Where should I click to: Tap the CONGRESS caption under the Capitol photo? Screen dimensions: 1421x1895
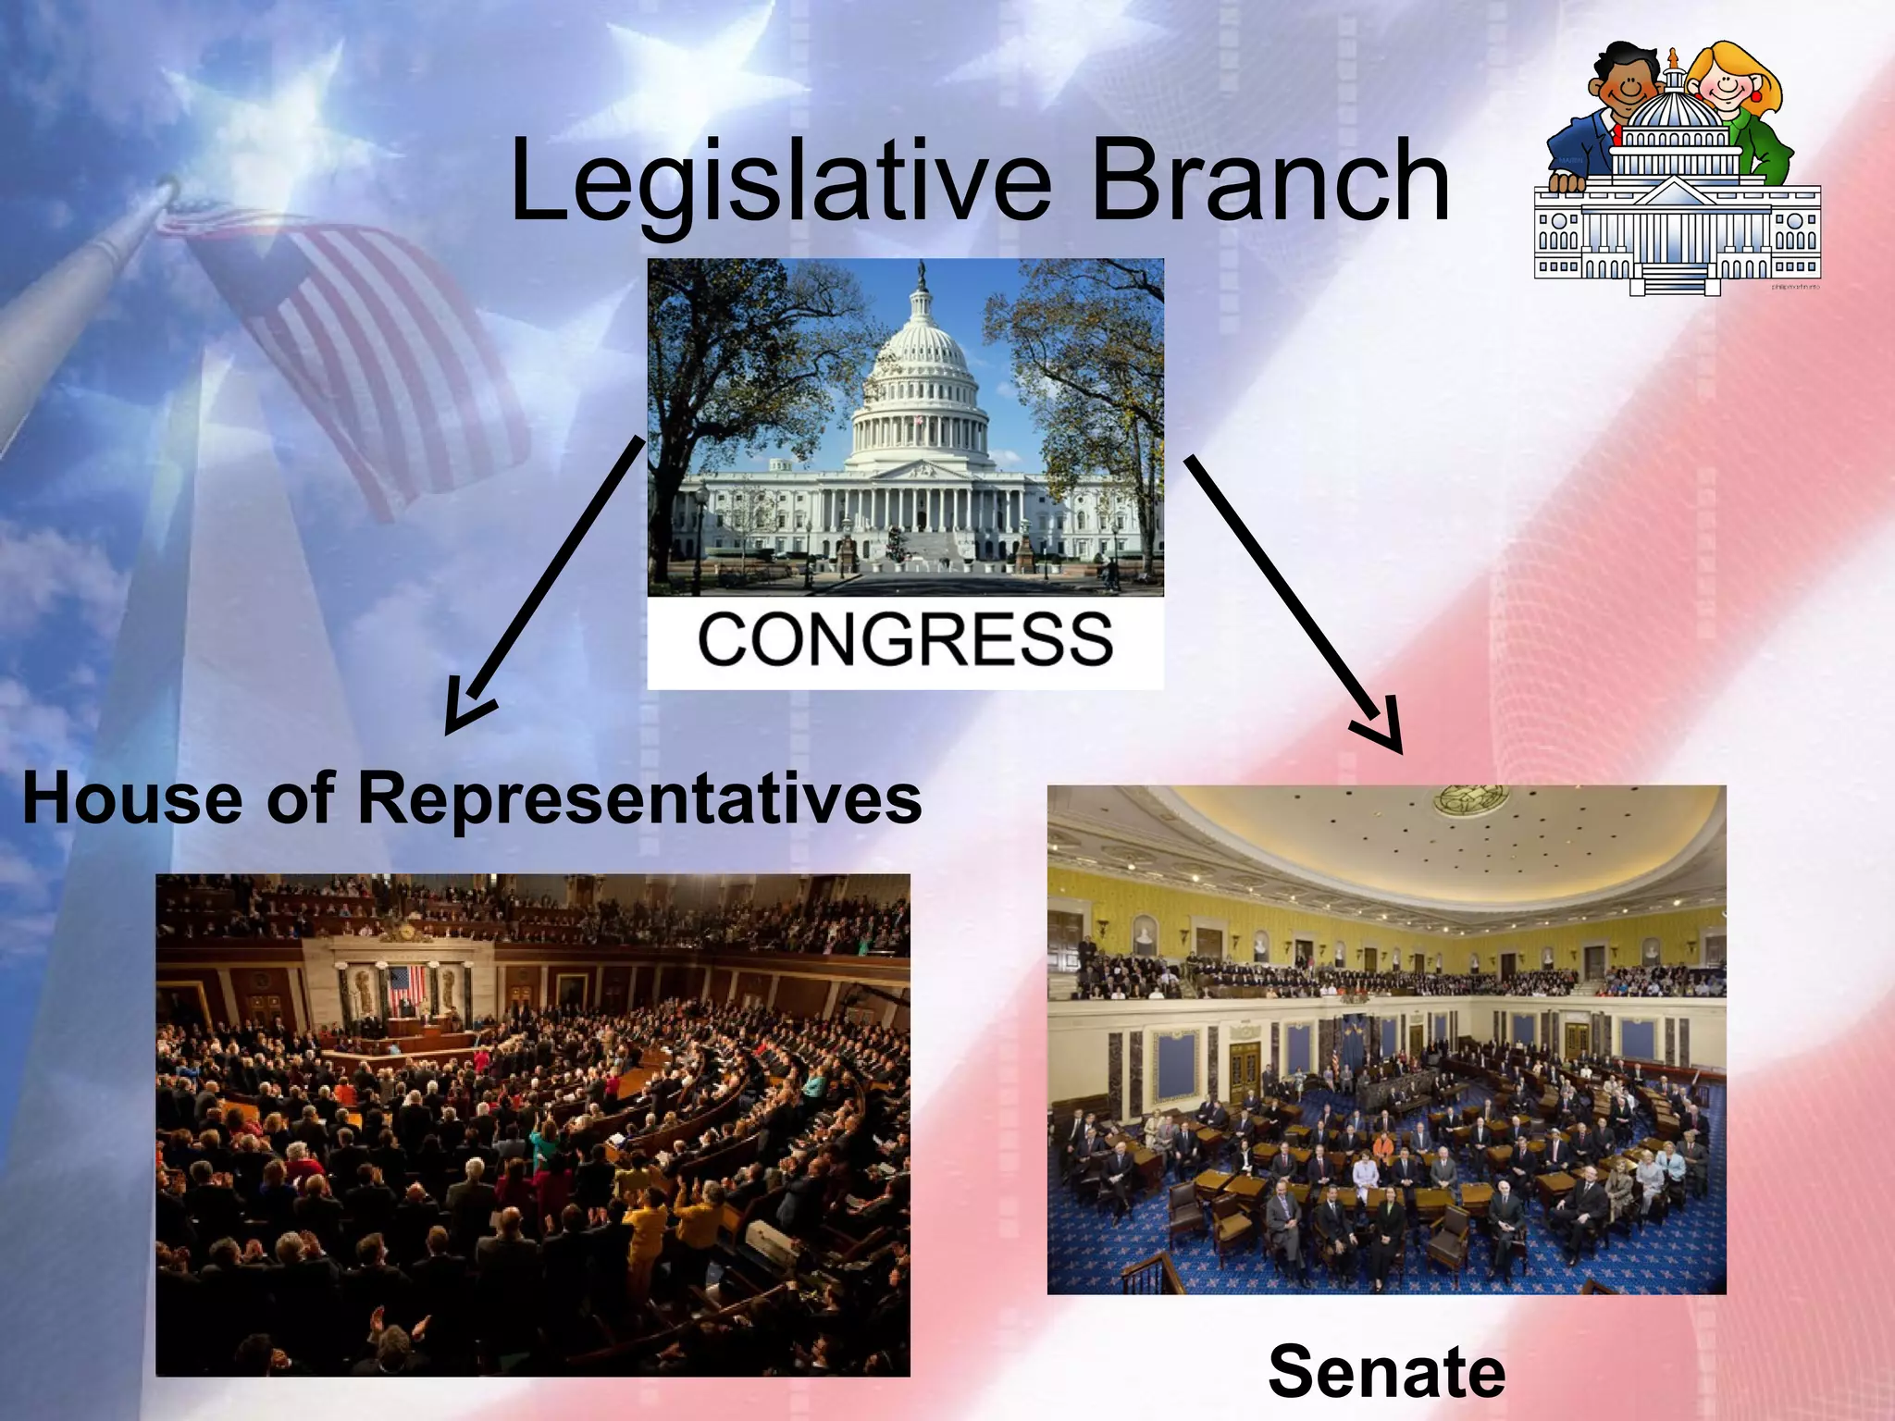(904, 640)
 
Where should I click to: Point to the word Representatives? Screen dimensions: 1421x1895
(638, 797)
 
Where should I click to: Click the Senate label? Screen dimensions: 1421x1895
(1386, 1371)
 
